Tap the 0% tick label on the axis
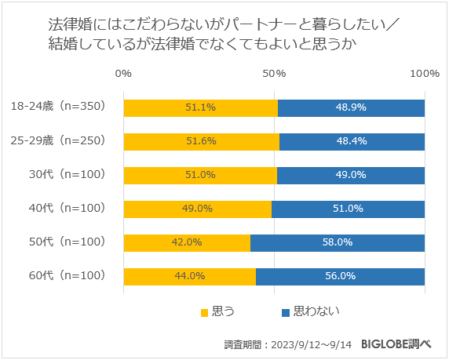123,73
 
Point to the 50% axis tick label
274,73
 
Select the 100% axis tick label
425,73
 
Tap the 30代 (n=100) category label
65,174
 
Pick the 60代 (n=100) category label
65,276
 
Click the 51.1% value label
201,107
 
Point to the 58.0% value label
338,242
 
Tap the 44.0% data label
189,276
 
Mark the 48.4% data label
350,140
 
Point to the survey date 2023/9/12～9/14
312,344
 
